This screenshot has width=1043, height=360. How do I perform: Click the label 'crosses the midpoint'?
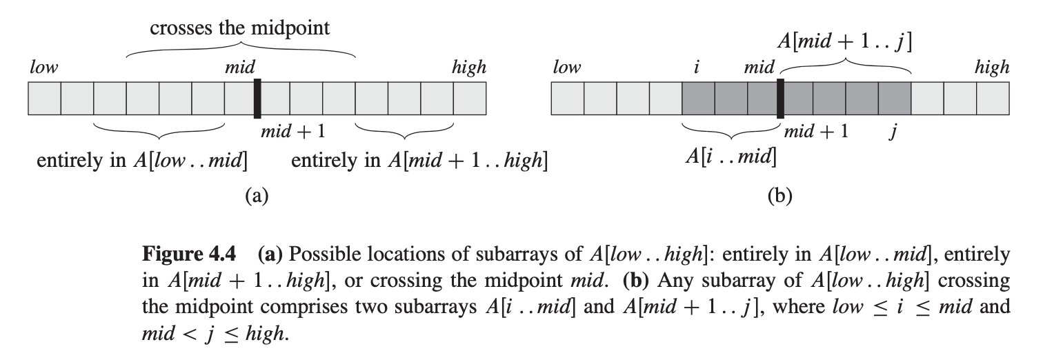coord(240,28)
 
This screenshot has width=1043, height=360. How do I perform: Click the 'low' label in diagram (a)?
coord(43,68)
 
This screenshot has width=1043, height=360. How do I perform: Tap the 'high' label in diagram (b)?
coord(992,68)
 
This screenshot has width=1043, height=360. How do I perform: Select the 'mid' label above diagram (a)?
coord(240,68)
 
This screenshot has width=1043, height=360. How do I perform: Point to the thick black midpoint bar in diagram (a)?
coord(257,99)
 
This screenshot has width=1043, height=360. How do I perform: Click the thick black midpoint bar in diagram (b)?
coord(780,99)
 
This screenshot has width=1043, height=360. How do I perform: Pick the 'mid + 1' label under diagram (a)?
coord(292,131)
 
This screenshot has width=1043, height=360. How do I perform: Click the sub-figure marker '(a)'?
coord(257,196)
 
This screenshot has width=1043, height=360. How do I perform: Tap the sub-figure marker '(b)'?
coord(780,196)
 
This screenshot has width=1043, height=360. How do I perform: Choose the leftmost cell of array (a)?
coord(44,99)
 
